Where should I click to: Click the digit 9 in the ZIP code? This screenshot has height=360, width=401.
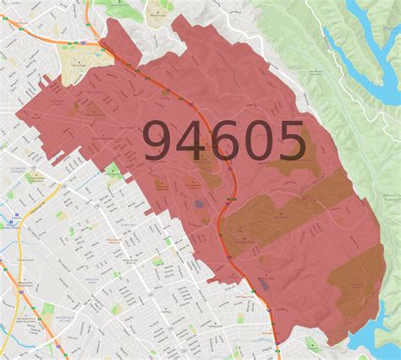159,141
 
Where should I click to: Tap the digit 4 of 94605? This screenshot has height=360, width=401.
188,141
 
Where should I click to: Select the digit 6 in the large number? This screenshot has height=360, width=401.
220,141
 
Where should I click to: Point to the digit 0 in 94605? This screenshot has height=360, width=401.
253,141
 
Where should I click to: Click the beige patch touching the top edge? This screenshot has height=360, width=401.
158,12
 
